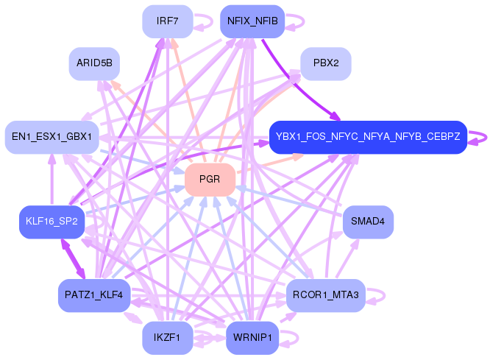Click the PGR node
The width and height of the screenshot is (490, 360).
tap(210, 180)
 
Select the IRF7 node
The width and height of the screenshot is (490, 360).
tap(167, 21)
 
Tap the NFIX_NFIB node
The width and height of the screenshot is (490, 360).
tap(252, 21)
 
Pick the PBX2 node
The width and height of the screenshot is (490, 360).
tap(325, 63)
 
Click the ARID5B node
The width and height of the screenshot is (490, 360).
tap(94, 63)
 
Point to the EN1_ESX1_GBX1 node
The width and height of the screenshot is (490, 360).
tap(52, 137)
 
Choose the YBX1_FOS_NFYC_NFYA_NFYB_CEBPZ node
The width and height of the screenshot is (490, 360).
tap(368, 137)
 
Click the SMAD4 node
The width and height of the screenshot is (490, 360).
tap(368, 222)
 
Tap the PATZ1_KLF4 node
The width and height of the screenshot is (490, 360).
tap(94, 295)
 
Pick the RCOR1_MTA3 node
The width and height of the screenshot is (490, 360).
tap(325, 295)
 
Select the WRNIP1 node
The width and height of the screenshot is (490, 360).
tap(252, 338)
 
